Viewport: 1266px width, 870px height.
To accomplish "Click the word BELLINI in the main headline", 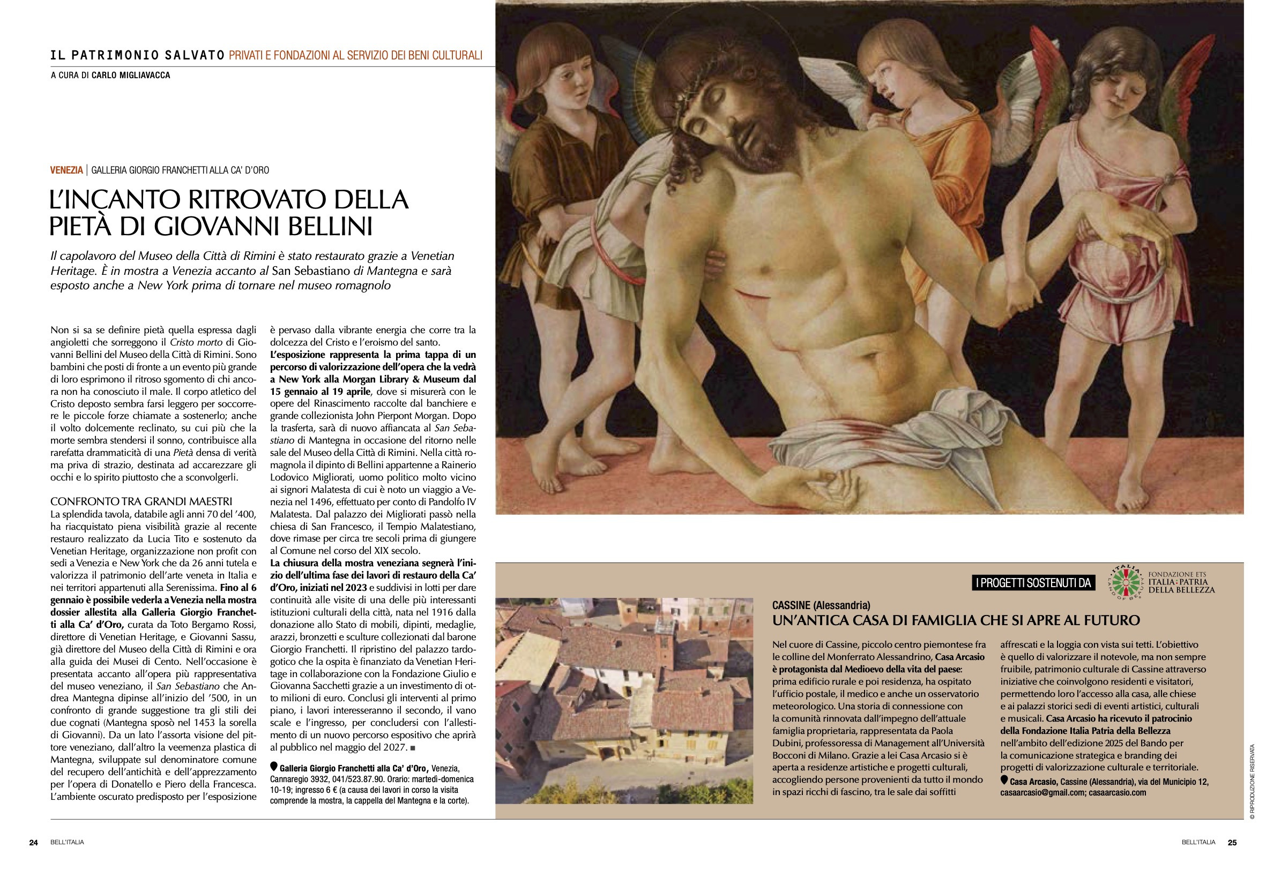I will point(326,226).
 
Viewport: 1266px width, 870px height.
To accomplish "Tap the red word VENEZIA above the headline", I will point(66,170).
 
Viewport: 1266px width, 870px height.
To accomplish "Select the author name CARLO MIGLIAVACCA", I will point(131,75).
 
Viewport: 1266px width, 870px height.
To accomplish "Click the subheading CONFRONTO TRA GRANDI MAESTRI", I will point(141,501).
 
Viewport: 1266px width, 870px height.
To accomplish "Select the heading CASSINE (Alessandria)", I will point(821,605).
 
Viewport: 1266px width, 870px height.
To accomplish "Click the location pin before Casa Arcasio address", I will point(1004,781).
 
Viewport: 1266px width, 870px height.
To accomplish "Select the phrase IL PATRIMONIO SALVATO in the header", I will point(137,55).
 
